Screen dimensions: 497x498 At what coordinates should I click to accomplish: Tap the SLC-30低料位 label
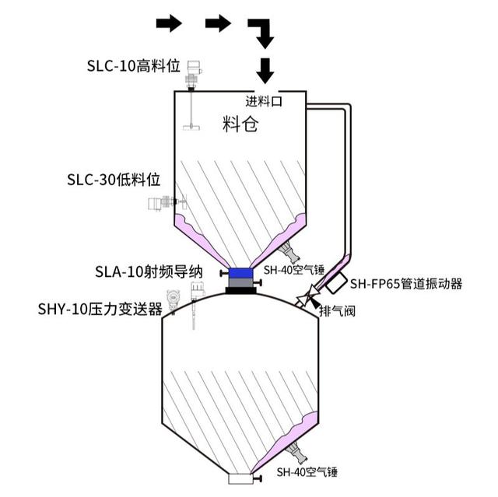coord(114,180)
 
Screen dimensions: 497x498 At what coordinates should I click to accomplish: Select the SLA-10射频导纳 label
coord(149,271)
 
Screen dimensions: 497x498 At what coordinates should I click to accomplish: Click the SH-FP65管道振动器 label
coord(406,284)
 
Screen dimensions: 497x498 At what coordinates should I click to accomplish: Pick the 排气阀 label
coord(337,311)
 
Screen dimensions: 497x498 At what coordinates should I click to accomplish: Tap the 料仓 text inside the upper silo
coord(240,124)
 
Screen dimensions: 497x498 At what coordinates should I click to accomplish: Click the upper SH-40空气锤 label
coord(292,271)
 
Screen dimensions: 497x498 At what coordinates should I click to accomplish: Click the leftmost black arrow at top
coord(168,23)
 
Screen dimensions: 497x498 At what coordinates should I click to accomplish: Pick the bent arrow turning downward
coord(261,31)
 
